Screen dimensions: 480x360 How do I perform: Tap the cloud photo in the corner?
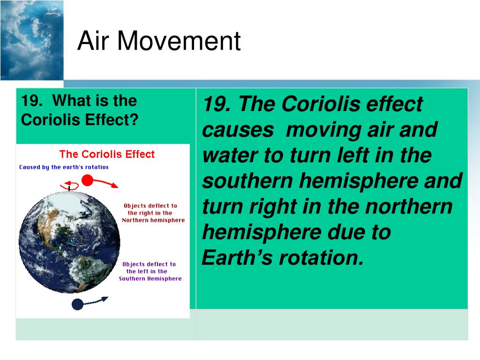(x=32, y=40)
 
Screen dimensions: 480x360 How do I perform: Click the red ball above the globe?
(x=87, y=180)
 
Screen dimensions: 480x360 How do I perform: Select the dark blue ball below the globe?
(x=77, y=305)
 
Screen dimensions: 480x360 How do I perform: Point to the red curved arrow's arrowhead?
(x=115, y=185)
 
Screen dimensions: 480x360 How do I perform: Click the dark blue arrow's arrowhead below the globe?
(x=105, y=299)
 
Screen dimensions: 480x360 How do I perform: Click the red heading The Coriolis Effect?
(x=107, y=154)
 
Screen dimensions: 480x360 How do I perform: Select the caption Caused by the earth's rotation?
(x=64, y=167)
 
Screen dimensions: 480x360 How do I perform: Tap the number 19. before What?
(x=32, y=101)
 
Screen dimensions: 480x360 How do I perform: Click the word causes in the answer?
(x=238, y=130)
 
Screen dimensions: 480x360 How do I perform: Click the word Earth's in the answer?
(x=237, y=257)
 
